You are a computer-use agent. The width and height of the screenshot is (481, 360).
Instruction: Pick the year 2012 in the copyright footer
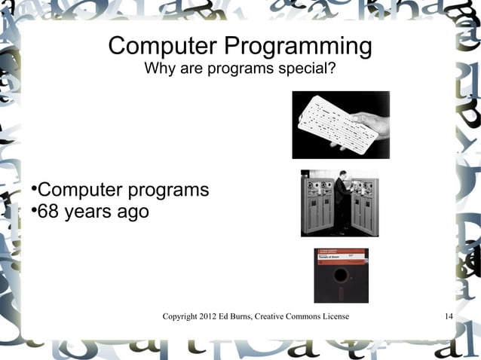[204, 316]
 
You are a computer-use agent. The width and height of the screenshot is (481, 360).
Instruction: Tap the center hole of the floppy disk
[341, 287]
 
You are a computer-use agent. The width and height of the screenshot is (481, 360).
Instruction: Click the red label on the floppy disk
[341, 258]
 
